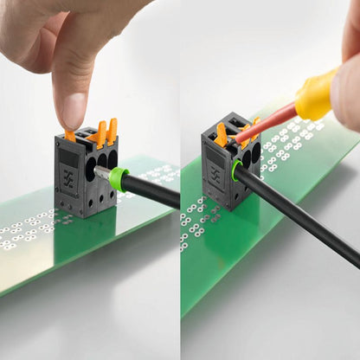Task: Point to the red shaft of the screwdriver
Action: [x=269, y=122]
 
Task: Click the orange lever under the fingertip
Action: [x=70, y=135]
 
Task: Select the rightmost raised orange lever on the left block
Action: [x=112, y=131]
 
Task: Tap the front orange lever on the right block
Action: [x=222, y=135]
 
